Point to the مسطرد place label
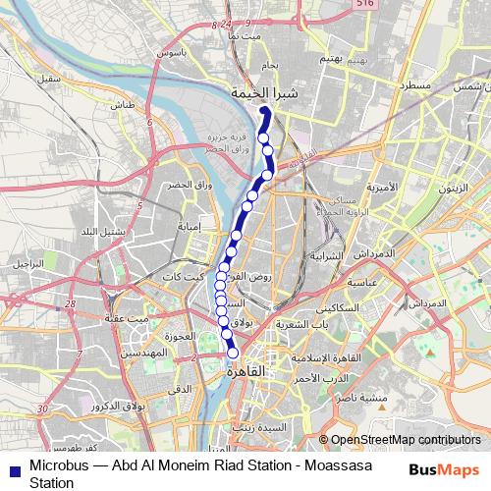coord(417,87)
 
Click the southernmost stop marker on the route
coord(234,354)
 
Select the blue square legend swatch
coord(14,467)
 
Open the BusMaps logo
coord(445,468)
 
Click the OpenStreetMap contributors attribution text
coord(407,439)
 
